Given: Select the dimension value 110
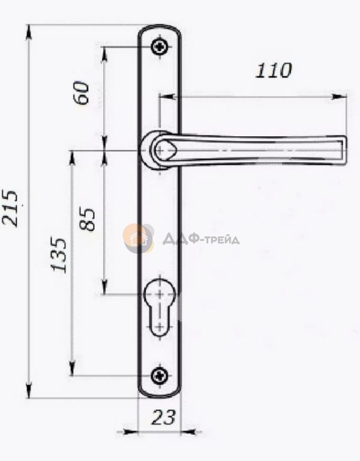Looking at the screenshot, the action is [274, 71].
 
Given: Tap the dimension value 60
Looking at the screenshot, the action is [82, 92].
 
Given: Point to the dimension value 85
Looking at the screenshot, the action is [87, 219].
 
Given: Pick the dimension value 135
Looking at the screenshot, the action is [59, 255].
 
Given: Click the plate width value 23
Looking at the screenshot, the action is [163, 417].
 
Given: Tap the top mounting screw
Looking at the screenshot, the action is [160, 47].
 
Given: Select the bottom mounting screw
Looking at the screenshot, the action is [160, 375].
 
